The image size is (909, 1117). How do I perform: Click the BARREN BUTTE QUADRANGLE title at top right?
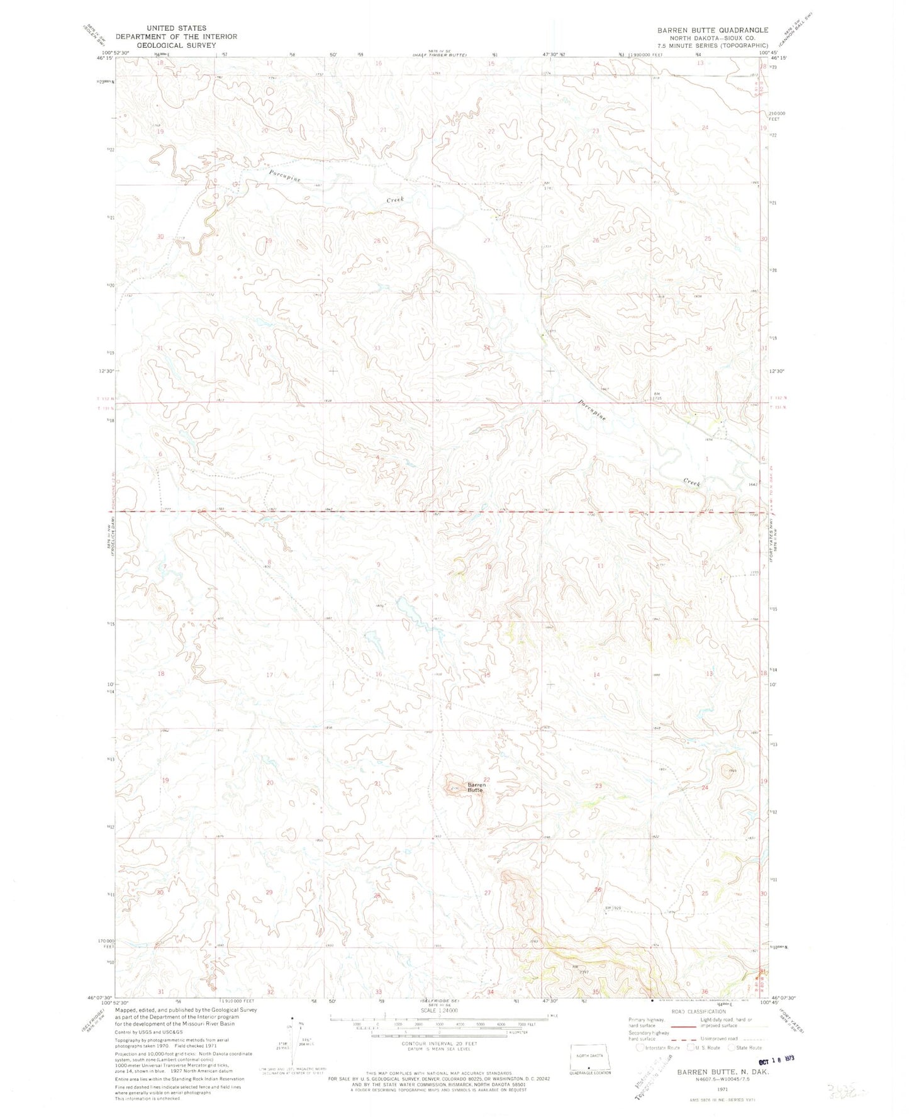(712, 30)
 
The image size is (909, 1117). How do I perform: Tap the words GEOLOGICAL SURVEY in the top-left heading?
(165, 45)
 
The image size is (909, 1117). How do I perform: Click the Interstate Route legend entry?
(658, 1048)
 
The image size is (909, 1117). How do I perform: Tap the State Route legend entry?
(745, 1048)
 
